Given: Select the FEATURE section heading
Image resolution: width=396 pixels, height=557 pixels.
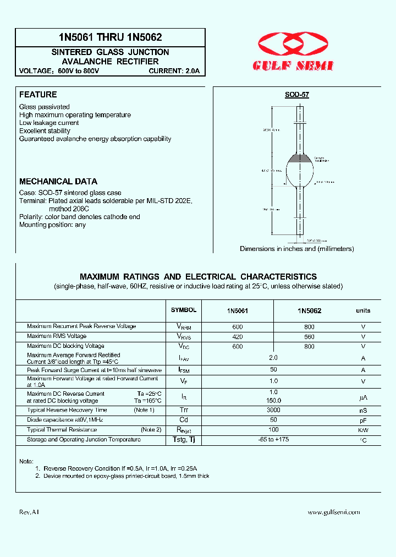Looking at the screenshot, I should tap(38, 95).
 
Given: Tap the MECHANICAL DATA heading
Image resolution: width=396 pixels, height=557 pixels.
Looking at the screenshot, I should tap(58, 181).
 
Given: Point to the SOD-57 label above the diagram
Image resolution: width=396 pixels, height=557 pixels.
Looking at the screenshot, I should tap(297, 95).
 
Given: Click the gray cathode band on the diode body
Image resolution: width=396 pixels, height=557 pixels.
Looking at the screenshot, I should tap(300, 158).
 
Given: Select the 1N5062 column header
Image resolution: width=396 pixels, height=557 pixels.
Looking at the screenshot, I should tap(309, 310).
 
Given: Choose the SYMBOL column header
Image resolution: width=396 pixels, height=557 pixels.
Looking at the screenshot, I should tap(183, 310).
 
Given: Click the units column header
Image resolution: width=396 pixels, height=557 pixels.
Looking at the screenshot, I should tap(363, 310).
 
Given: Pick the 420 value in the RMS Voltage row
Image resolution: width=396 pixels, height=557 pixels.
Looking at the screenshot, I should tap(238, 336).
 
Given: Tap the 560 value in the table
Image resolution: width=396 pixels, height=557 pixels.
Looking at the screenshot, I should tap(309, 336).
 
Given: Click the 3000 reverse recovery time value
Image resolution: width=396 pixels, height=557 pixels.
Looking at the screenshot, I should tap(273, 410).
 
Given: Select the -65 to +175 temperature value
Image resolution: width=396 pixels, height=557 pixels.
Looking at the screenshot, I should tap(273, 440).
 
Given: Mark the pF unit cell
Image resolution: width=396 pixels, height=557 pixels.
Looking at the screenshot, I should tap(363, 421).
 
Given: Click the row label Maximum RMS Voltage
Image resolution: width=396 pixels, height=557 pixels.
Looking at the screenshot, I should tap(57, 336).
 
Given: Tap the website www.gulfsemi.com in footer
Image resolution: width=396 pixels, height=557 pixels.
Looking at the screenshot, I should tap(334, 512).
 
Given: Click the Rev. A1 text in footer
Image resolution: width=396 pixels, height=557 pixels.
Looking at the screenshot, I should tap(29, 512).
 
